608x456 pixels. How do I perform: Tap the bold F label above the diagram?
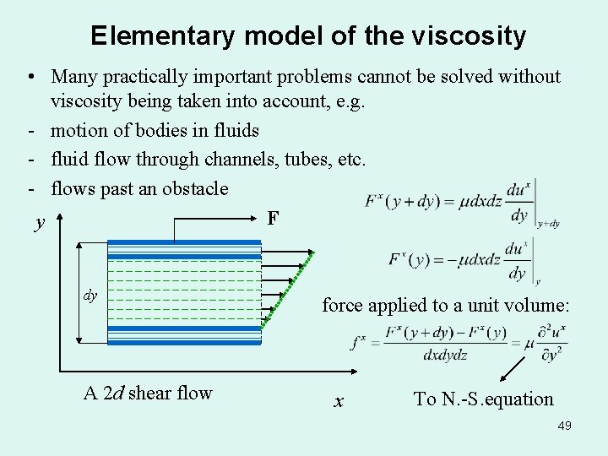(x=273, y=219)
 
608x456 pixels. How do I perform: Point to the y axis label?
(x=40, y=223)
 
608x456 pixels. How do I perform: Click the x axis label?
(x=339, y=402)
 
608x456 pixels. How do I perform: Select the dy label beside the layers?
(x=90, y=296)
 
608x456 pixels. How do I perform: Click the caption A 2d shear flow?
(x=148, y=393)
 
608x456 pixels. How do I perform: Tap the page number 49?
(x=564, y=426)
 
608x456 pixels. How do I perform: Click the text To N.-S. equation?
(x=483, y=399)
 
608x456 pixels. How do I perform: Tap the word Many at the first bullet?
(x=73, y=76)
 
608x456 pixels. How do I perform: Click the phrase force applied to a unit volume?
(x=446, y=305)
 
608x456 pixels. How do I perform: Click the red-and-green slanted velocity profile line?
(x=288, y=287)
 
